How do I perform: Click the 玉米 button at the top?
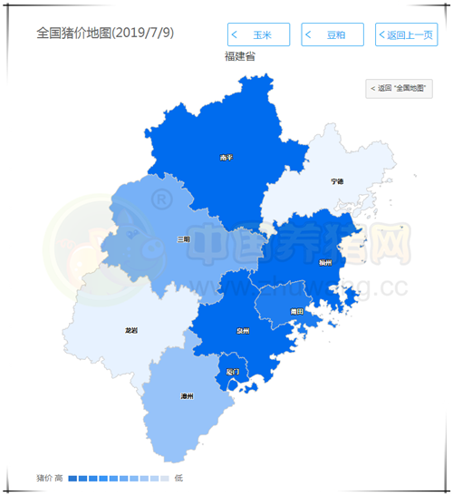point(258,35)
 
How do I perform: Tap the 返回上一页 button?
point(406,35)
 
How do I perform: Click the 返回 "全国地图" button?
point(400,88)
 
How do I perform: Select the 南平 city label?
point(226,157)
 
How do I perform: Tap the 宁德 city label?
point(337,181)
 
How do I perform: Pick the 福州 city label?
point(325,262)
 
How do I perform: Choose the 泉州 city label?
point(242,332)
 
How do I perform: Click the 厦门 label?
point(233,372)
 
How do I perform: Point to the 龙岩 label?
point(131,331)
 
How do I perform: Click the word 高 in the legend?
point(59,478)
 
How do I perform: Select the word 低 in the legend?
point(178,478)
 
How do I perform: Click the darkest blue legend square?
point(72,478)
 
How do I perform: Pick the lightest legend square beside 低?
point(164,478)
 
